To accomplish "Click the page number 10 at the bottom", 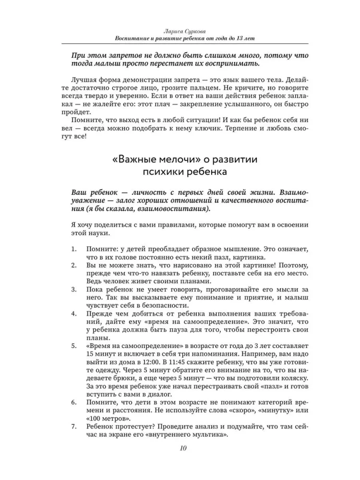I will pyautogui.click(x=180, y=449).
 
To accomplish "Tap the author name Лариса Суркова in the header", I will pyautogui.click(x=180, y=30).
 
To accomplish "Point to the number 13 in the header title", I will pyautogui.click(x=239, y=38).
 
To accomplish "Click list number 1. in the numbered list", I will pyautogui.click(x=73, y=250).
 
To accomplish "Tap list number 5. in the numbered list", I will pyautogui.click(x=73, y=347).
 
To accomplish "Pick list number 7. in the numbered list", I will pyautogui.click(x=73, y=427).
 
